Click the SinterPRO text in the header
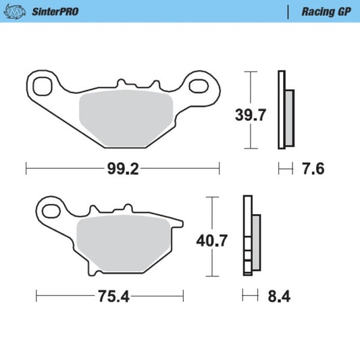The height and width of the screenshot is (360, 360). [x=55, y=11]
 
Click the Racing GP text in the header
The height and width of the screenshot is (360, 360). [x=326, y=11]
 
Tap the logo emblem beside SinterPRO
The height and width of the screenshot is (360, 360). [x=15, y=12]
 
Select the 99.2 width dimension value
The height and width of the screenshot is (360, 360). [x=123, y=170]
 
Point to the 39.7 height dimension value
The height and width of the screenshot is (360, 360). [x=251, y=115]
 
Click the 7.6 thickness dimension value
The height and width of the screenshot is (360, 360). [x=313, y=169]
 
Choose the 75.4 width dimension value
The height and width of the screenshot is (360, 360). [x=114, y=297]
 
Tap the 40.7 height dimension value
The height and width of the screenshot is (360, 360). [x=212, y=240]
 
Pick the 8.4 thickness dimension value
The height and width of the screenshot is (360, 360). [x=279, y=297]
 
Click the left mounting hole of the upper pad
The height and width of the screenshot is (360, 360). [x=43, y=86]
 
